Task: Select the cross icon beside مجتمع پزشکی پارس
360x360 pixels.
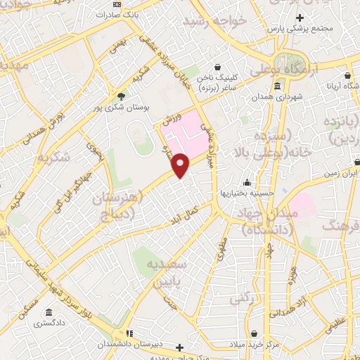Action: point(300,18)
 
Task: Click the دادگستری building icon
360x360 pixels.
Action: point(48,312)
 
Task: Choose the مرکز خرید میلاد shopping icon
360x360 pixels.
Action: point(232,346)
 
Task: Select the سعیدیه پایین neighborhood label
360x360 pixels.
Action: point(167,270)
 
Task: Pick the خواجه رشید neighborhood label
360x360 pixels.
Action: point(215,21)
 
